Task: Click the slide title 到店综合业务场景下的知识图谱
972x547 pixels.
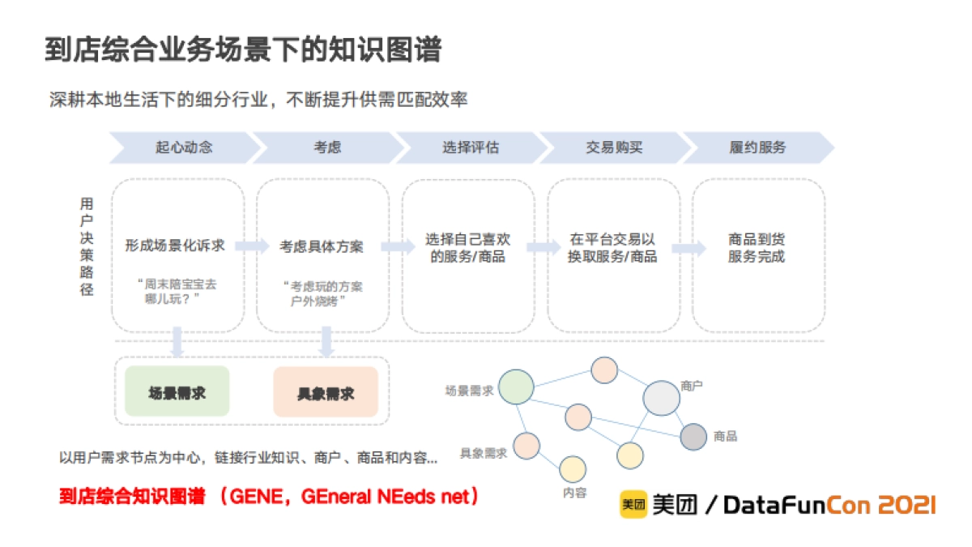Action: pyautogui.click(x=242, y=50)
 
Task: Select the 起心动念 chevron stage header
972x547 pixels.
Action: pyautogui.click(x=184, y=147)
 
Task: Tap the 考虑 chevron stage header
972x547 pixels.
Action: pyautogui.click(x=327, y=147)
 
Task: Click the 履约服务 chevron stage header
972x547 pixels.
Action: pyautogui.click(x=757, y=147)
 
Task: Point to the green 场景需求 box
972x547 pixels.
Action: pyautogui.click(x=177, y=392)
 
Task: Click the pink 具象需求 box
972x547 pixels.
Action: pyautogui.click(x=326, y=392)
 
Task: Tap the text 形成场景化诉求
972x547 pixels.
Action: pyautogui.click(x=175, y=246)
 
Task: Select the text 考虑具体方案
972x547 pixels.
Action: pyautogui.click(x=322, y=246)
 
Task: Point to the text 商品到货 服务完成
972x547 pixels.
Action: pyautogui.click(x=757, y=248)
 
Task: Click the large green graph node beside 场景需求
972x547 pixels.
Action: pyautogui.click(x=516, y=387)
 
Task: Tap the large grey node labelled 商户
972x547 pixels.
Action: pyautogui.click(x=661, y=398)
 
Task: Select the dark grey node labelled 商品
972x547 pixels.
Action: pyautogui.click(x=693, y=437)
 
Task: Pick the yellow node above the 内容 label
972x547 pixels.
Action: pyautogui.click(x=573, y=469)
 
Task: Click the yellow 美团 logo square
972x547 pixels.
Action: pyautogui.click(x=633, y=505)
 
